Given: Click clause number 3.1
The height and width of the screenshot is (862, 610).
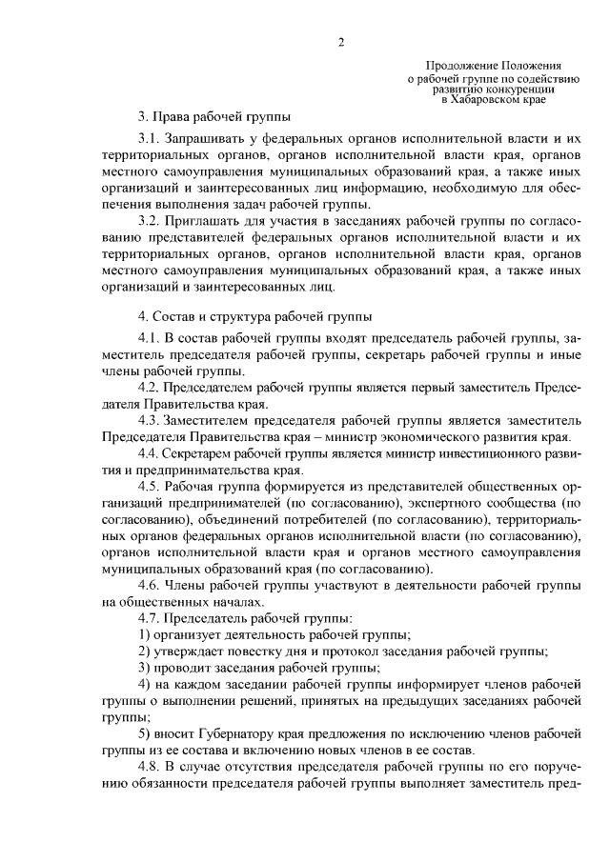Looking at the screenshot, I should (148, 140).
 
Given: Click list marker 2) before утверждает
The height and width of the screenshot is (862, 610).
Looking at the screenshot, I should (145, 651).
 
